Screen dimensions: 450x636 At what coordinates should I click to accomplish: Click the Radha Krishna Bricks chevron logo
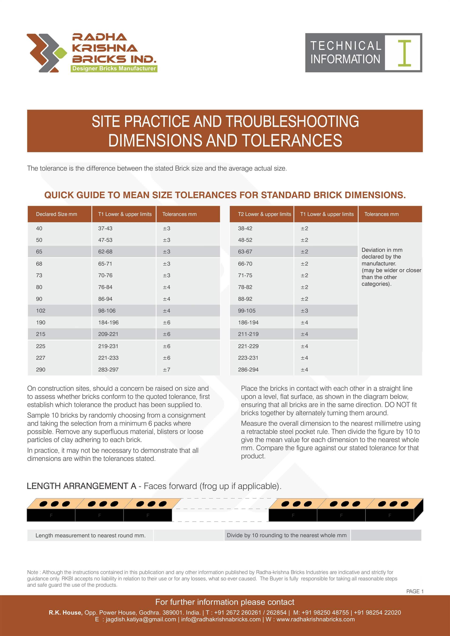(x=47, y=53)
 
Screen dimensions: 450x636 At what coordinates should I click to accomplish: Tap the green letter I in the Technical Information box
(x=404, y=53)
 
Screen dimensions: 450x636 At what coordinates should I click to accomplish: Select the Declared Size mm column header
(x=56, y=214)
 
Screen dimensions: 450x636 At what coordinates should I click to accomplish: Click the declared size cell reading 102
(x=41, y=311)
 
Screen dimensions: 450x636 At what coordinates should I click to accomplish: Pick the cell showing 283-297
(x=108, y=370)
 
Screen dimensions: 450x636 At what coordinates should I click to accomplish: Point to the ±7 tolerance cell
(x=167, y=370)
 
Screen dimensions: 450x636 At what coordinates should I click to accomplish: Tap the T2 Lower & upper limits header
(x=264, y=214)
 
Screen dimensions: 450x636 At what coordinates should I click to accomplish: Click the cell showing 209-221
(x=108, y=334)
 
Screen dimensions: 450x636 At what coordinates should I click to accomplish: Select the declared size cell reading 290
(x=41, y=370)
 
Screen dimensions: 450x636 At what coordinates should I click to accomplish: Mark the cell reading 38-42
(x=245, y=228)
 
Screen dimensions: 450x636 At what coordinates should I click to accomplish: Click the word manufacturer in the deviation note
(x=379, y=263)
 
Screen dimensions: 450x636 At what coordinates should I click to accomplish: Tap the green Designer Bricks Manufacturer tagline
(x=114, y=68)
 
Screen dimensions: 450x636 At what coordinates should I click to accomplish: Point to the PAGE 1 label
(x=415, y=591)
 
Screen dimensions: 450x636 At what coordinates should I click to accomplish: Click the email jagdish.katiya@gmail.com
(x=141, y=619)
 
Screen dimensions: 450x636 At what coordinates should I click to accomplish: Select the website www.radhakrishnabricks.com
(x=316, y=619)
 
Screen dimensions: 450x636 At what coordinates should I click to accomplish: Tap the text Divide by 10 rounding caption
(x=287, y=535)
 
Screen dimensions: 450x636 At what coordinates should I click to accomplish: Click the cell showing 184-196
(x=108, y=322)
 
